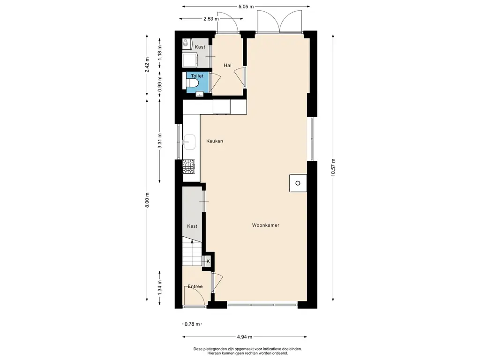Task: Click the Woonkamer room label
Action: [x=265, y=225]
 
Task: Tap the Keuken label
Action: [x=215, y=141]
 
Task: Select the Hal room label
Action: [x=227, y=65]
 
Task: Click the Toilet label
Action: [x=197, y=76]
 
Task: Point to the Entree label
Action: [x=195, y=286]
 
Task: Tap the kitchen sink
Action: [x=189, y=142]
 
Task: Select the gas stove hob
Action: [x=188, y=166]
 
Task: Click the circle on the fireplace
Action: [x=298, y=183]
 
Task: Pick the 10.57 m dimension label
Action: [x=333, y=167]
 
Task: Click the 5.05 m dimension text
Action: [x=246, y=7]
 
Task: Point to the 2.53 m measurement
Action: [x=211, y=19]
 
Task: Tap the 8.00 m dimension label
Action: [x=147, y=200]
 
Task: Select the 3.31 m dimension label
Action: [x=159, y=141]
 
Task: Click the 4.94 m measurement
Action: [x=245, y=337]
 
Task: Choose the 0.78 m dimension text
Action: [x=193, y=324]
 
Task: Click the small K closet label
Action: [x=208, y=261]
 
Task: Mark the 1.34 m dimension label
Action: [x=159, y=288]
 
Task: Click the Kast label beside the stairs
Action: [x=192, y=226]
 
